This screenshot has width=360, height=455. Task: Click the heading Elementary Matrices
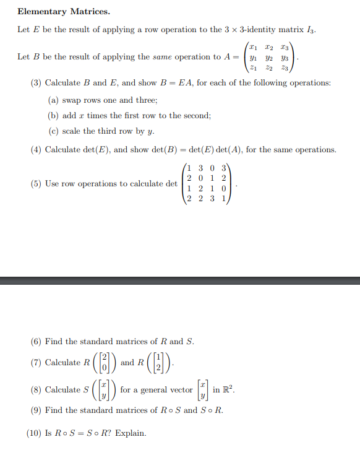coord(55,11)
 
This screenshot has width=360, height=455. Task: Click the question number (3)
coord(36,83)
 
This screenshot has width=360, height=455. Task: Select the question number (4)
coord(36,150)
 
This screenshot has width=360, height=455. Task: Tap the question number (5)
coord(36,184)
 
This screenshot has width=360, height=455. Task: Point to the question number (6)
coord(36,341)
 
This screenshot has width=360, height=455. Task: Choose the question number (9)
coord(36,410)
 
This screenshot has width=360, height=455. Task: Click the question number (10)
coord(35,433)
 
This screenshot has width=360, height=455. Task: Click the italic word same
coord(161,57)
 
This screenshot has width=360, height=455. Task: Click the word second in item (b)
coord(197,115)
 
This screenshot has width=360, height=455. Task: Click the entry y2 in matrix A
coord(268,58)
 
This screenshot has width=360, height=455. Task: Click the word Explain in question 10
coord(131,433)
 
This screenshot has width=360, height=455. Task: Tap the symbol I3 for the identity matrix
coord(311,30)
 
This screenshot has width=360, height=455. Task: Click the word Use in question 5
coord(53,184)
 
